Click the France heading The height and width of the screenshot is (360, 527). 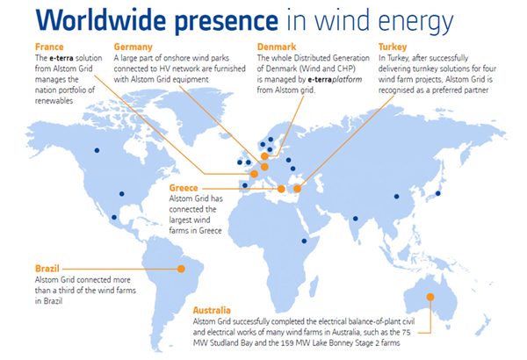[47, 46]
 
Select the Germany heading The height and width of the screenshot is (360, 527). [134, 46]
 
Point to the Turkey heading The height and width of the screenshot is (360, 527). [392, 46]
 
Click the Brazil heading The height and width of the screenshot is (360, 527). [47, 267]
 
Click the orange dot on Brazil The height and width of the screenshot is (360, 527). [182, 269]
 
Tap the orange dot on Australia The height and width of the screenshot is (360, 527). [430, 298]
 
